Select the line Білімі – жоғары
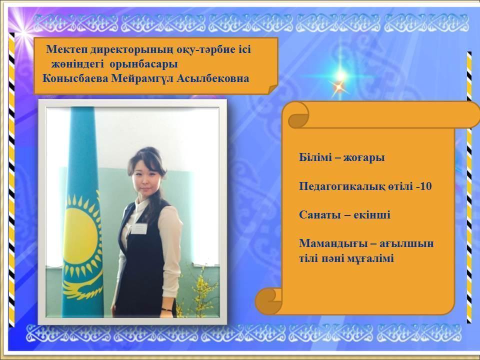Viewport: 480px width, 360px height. (x=342, y=157)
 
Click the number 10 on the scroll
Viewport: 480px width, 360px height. (x=426, y=186)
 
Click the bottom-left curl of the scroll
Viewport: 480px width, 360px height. (x=269, y=300)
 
